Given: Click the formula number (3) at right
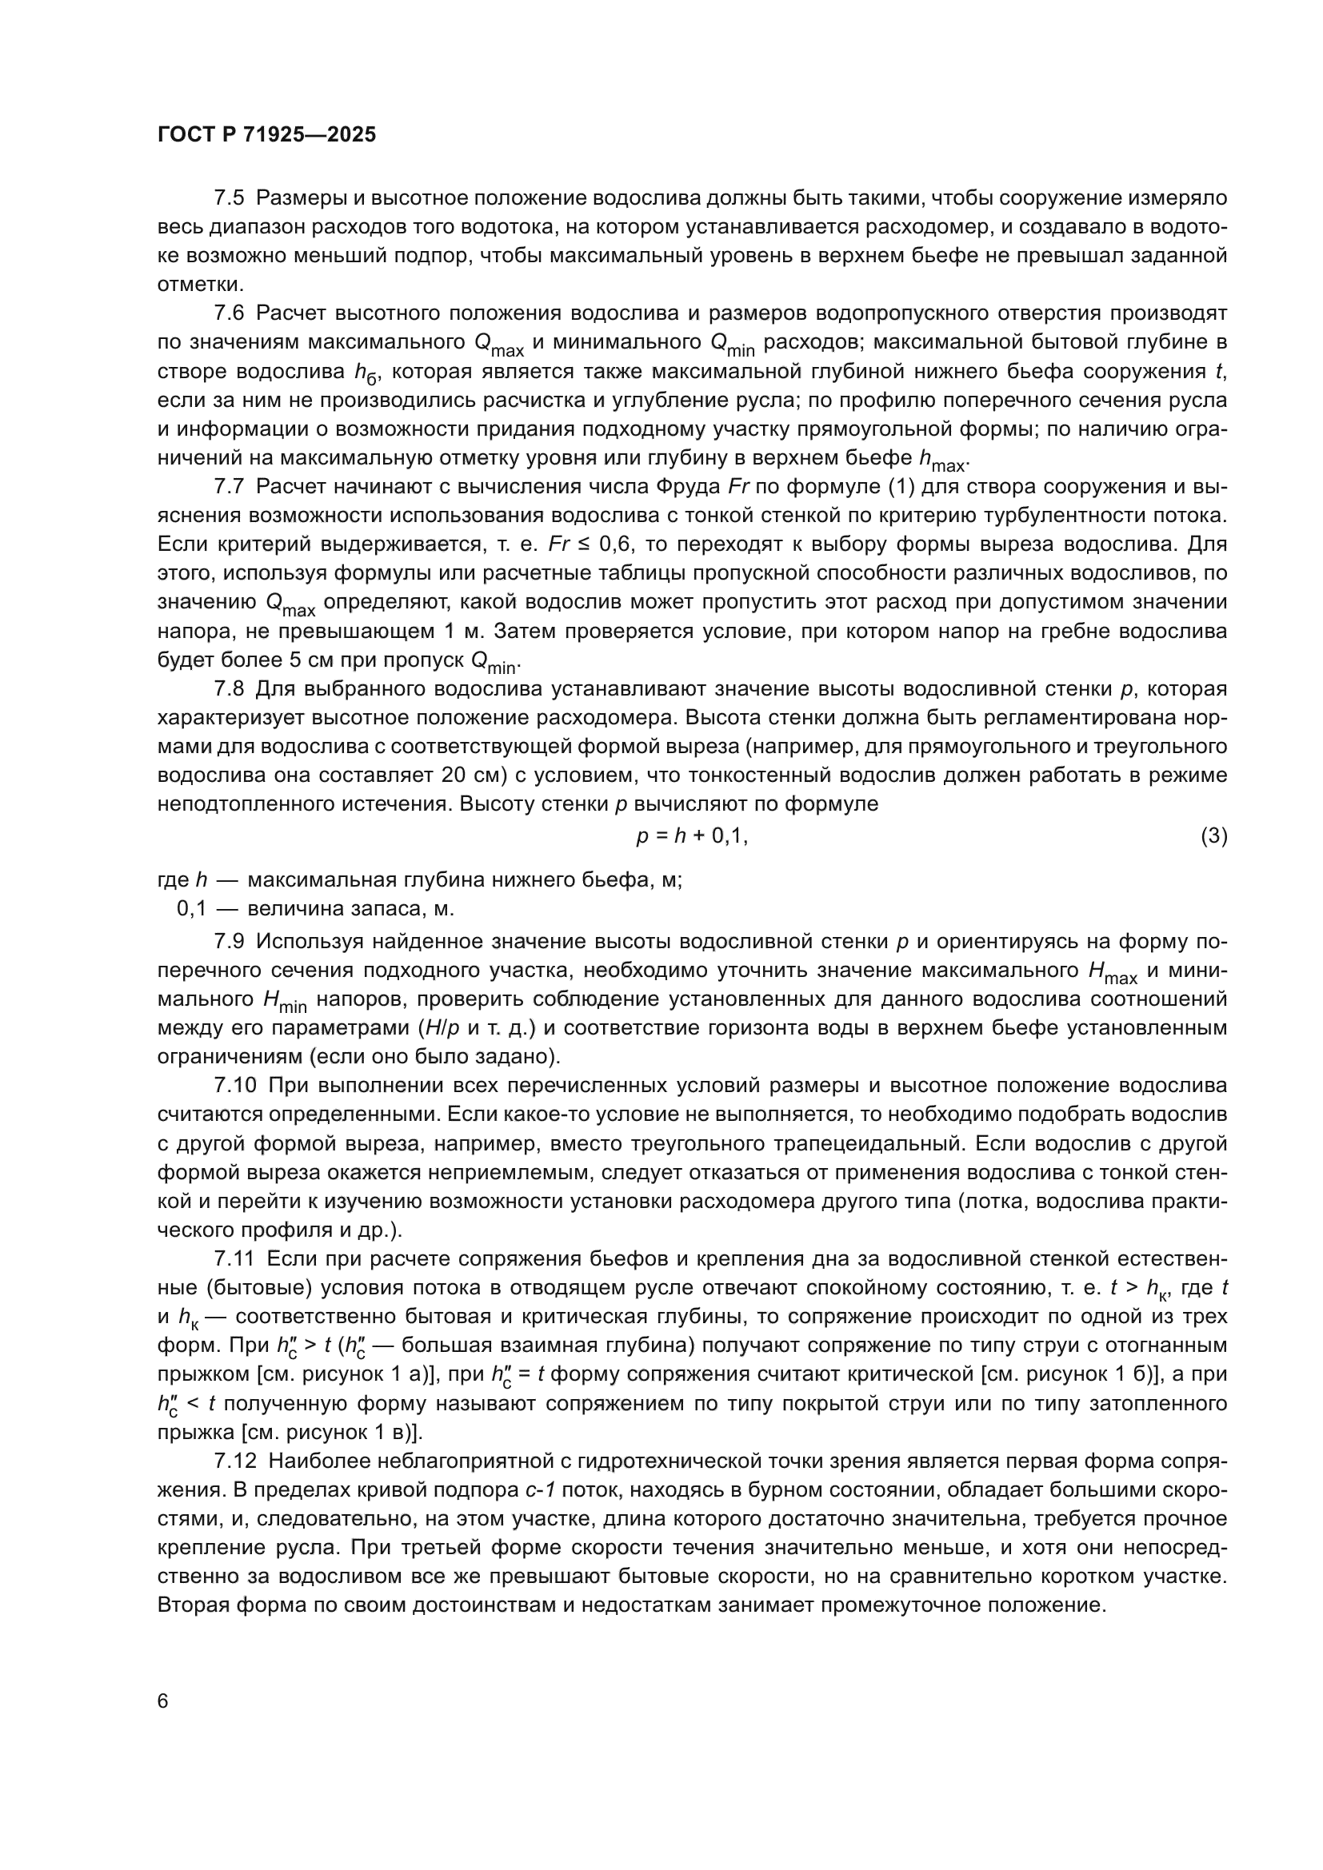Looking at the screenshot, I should (x=1213, y=835).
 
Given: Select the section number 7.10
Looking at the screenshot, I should (x=234, y=1086).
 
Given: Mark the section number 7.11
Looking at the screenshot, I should (x=234, y=1259).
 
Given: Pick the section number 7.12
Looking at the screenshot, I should (x=234, y=1461).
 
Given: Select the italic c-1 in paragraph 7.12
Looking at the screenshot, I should (x=539, y=1490).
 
